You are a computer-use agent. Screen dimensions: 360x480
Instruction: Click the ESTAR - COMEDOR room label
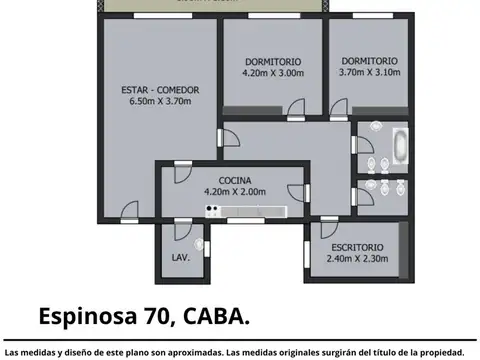pyautogui.click(x=160, y=90)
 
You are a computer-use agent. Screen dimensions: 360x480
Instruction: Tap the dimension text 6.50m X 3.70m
pyautogui.click(x=160, y=102)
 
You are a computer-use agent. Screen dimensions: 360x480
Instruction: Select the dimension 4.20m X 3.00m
pyautogui.click(x=271, y=73)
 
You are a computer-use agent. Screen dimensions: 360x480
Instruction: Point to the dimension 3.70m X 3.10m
pyautogui.click(x=369, y=73)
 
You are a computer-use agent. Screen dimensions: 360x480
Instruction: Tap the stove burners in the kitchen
pyautogui.click(x=212, y=209)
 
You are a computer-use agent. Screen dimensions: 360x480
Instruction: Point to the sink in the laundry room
pyautogui.click(x=198, y=243)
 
